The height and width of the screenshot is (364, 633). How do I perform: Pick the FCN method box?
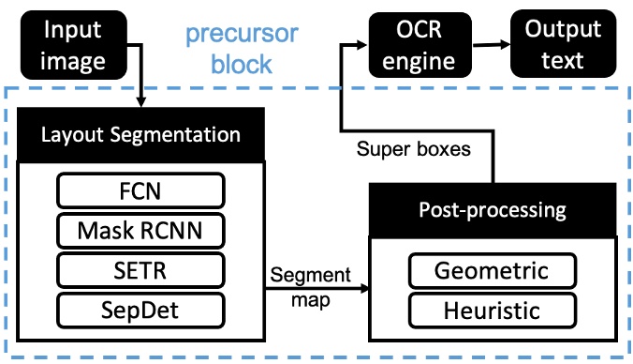(x=141, y=192)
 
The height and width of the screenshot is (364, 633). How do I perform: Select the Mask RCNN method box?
(x=141, y=229)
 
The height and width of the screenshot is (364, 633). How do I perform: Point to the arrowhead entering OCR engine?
(x=361, y=43)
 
